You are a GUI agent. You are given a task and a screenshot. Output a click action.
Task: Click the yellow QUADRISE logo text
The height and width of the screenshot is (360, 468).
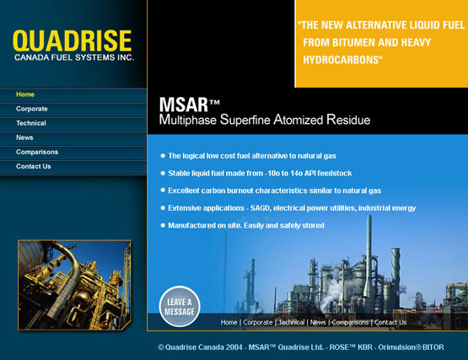tap(72, 40)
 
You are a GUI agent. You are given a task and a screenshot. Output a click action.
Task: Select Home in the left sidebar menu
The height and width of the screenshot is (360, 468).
tap(25, 94)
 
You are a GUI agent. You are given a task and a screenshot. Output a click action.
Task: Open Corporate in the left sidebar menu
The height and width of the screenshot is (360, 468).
tap(32, 109)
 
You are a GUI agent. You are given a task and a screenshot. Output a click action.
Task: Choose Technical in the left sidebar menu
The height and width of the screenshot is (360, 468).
tap(31, 123)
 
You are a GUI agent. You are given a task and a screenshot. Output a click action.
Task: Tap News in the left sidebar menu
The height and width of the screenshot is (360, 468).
tap(24, 137)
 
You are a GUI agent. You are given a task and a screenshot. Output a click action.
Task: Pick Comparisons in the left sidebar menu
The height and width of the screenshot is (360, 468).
tap(37, 152)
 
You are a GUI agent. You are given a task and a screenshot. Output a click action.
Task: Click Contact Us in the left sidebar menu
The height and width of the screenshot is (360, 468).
tap(34, 166)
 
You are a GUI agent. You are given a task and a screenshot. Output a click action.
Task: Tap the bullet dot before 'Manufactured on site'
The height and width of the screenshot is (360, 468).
tap(163, 225)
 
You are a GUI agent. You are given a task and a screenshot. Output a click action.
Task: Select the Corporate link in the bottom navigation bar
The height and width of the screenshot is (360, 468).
tap(257, 322)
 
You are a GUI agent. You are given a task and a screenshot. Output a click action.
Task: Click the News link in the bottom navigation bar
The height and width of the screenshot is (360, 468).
tap(318, 322)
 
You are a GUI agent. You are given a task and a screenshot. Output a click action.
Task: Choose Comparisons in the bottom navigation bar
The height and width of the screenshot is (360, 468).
tap(350, 322)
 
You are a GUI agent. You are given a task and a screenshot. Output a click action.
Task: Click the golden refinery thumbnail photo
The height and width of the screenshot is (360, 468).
tap(74, 285)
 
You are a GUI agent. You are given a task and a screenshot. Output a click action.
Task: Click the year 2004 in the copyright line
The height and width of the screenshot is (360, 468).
tap(234, 347)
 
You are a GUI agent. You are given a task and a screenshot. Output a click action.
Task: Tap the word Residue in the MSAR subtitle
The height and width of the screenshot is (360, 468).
tap(348, 120)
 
